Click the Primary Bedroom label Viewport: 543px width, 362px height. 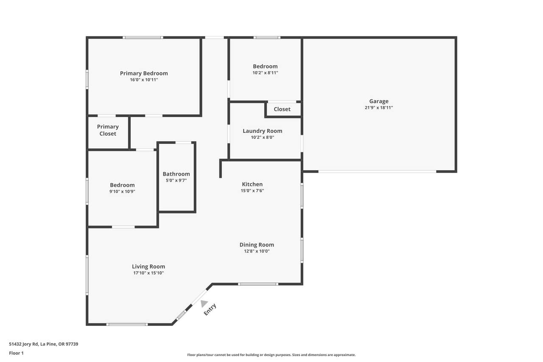tap(144, 73)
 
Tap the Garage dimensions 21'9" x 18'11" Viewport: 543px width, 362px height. tap(379, 108)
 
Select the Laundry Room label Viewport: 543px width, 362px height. tap(262, 131)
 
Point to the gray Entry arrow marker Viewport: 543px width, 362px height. tap(204, 303)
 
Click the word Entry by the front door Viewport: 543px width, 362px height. tap(210, 310)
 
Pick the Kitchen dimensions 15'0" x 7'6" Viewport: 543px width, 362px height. tap(252, 191)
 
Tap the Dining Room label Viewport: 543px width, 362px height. tap(257, 245)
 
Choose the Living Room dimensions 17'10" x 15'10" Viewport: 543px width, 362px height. tap(148, 273)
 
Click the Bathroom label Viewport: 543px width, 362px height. tap(176, 174)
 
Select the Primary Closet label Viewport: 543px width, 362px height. tap(108, 130)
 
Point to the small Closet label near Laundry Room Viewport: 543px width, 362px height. tap(282, 109)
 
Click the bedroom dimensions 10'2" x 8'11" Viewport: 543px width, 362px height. tap(265, 73)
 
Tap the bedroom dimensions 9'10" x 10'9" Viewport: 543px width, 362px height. tap(122, 191)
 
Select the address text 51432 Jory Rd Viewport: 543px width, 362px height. tap(24, 344)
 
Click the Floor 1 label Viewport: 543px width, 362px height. tap(16, 353)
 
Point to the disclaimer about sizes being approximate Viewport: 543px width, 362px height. tap(271, 355)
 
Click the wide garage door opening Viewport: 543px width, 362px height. tap(377, 171)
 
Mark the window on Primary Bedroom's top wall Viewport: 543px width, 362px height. tap(143, 38)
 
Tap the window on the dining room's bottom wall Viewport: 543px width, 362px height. tap(258, 284)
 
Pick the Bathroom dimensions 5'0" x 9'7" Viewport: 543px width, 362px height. tap(176, 180)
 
